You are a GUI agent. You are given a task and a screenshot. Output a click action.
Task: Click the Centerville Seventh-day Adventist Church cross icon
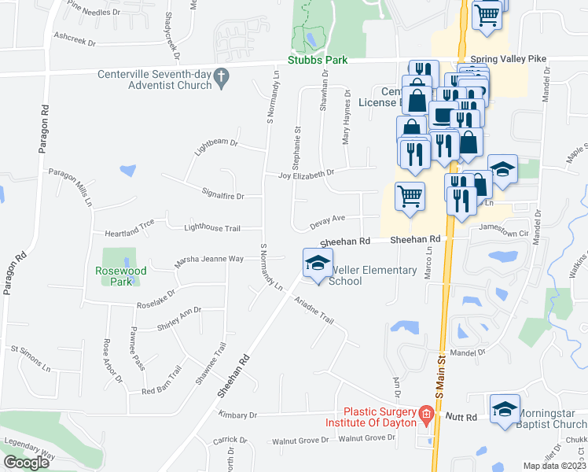point(221,76)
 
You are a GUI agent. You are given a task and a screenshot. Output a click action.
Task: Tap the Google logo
point(27,463)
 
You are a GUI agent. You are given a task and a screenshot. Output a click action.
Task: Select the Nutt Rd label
point(461,415)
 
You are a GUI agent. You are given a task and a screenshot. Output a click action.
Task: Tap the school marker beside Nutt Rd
point(505,409)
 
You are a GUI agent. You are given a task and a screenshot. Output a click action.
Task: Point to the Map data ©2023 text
point(553,466)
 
